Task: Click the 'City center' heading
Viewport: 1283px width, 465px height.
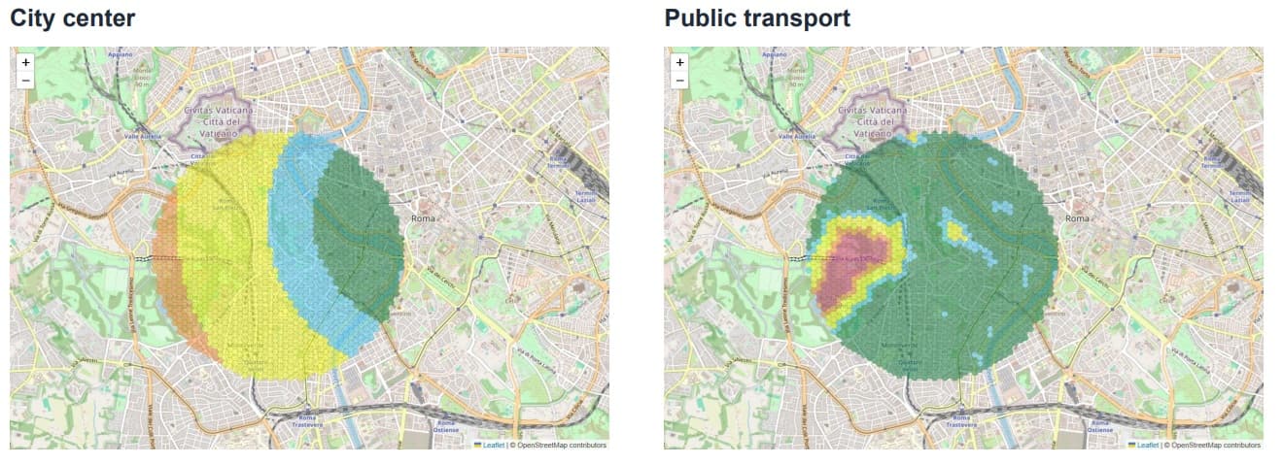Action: click(73, 17)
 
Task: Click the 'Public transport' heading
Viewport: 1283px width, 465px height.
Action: click(757, 17)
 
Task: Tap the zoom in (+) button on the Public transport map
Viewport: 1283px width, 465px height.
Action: click(679, 62)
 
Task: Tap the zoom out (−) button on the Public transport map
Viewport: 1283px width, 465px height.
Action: click(679, 80)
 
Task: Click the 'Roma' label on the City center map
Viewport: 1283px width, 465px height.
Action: click(423, 218)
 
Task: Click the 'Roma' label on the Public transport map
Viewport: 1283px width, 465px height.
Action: click(1077, 218)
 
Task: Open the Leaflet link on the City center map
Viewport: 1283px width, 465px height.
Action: click(493, 445)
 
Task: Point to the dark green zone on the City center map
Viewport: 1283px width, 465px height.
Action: click(360, 233)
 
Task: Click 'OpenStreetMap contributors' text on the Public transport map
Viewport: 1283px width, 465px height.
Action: click(1214, 445)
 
